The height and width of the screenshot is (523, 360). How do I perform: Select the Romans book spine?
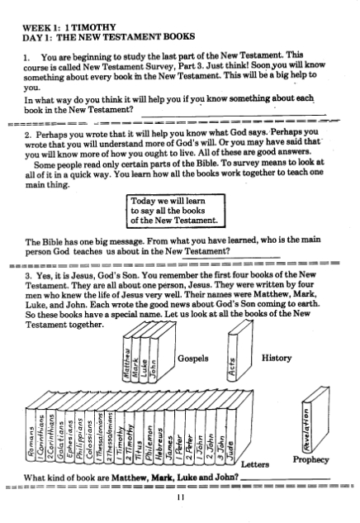tap(31, 435)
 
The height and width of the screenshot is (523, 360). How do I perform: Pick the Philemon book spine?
tap(149, 436)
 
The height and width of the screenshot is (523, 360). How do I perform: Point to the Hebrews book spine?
tap(159, 436)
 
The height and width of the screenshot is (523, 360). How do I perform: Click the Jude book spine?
tap(231, 436)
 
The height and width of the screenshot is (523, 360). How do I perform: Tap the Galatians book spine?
tap(60, 435)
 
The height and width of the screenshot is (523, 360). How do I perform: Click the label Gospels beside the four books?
tap(193, 359)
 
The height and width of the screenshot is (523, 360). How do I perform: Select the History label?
tap(277, 358)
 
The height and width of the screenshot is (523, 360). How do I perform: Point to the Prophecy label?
tap(310, 459)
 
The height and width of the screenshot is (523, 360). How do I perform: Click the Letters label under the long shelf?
tap(255, 464)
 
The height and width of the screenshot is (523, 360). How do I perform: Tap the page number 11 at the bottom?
tap(181, 497)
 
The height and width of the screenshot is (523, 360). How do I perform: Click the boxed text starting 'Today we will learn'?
tap(176, 211)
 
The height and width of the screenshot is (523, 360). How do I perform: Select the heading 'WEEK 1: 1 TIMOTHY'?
tap(69, 27)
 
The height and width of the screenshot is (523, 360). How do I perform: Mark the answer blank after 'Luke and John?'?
tap(286, 480)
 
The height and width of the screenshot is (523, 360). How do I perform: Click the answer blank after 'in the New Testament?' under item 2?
tap(231, 257)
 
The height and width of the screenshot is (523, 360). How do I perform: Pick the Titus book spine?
tap(139, 436)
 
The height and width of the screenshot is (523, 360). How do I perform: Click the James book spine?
tap(169, 436)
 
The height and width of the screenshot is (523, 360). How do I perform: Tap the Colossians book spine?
tap(89, 435)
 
